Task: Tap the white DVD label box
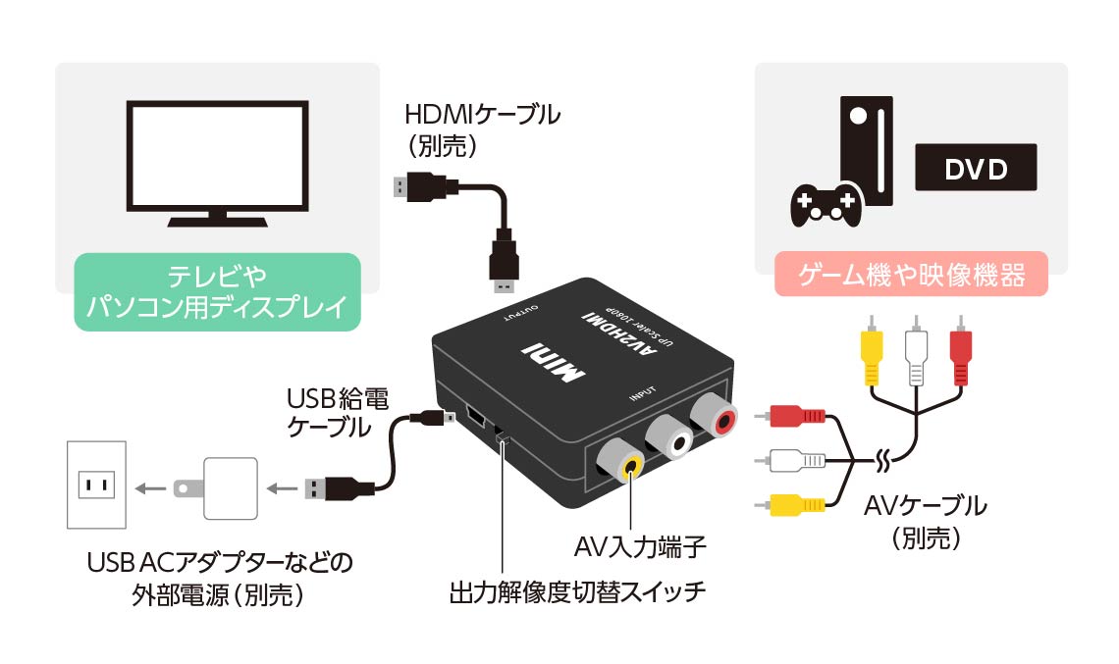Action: pos(976,169)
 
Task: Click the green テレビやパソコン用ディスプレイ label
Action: pos(217,290)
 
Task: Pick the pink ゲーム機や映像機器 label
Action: pos(911,275)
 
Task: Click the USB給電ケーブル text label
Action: pos(337,413)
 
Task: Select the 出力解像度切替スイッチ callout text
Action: pos(577,593)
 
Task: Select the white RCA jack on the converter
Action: pos(671,441)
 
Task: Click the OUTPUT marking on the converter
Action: pos(521,314)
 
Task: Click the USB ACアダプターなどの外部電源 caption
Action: pos(218,579)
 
